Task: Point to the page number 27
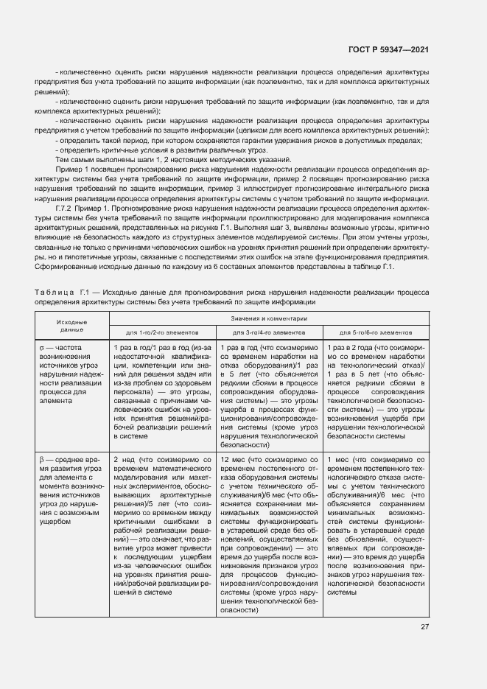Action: tap(424, 627)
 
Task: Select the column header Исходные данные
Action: tap(72, 326)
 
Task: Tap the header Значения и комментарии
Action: tap(267, 318)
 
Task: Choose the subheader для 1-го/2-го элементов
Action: tap(162, 332)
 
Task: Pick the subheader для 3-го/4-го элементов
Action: tap(268, 332)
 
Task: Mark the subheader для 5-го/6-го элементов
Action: tap(375, 332)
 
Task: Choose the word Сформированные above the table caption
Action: tap(66, 267)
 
